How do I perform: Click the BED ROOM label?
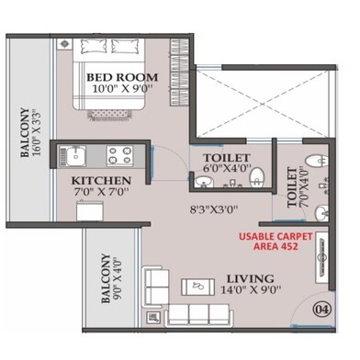pyautogui.click(x=122, y=76)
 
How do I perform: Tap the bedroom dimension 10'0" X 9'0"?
pyautogui.click(x=122, y=90)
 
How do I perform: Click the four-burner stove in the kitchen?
pyautogui.click(x=118, y=154)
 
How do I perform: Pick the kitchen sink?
pyautogui.click(x=75, y=154)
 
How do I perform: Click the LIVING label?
pyautogui.click(x=251, y=278)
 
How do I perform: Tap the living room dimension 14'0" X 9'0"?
pyautogui.click(x=251, y=291)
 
